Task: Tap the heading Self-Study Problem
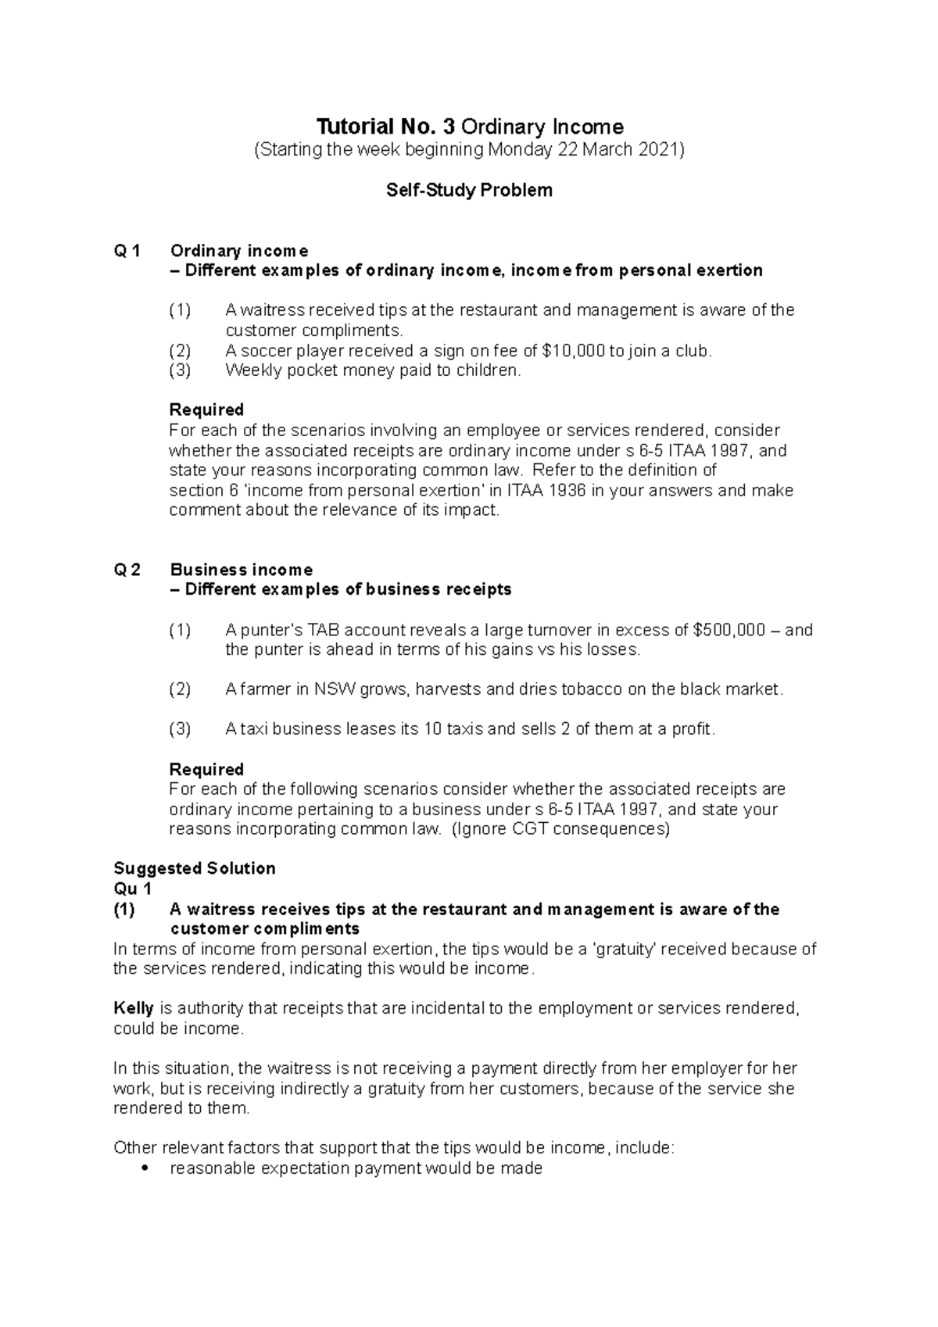(469, 190)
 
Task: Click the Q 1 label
(127, 251)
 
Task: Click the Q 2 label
(127, 570)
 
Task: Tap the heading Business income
(242, 570)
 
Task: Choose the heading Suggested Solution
(195, 868)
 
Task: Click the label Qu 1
(133, 889)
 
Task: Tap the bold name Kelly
(134, 1008)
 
